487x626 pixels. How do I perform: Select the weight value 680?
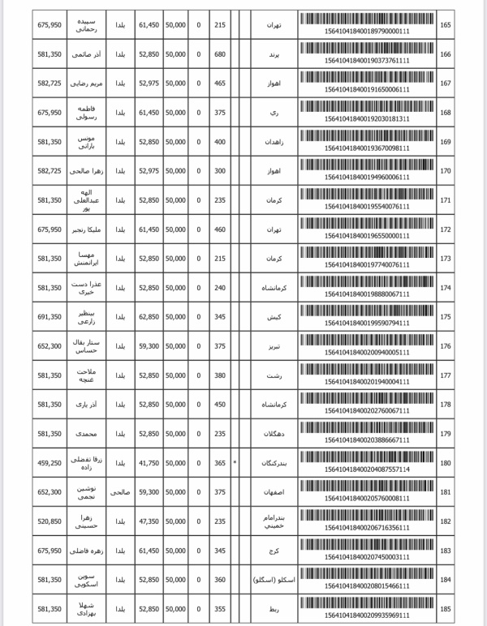coord(219,54)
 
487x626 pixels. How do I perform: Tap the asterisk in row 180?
coord(235,463)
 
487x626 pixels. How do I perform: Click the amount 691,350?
coord(50,317)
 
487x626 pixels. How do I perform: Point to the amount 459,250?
coord(50,463)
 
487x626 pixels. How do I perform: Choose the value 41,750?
coord(149,463)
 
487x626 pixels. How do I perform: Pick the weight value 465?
coord(219,84)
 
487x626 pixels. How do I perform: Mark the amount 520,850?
coord(50,521)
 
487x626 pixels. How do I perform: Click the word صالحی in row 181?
coord(119,492)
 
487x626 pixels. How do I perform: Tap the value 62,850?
coord(149,317)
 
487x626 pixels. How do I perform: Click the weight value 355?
coord(219,609)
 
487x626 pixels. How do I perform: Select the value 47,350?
coord(149,521)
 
